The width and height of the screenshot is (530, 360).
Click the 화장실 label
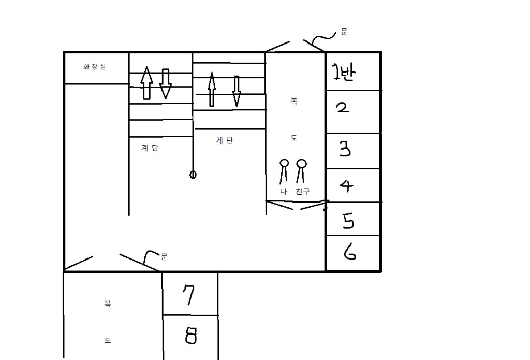tap(95, 67)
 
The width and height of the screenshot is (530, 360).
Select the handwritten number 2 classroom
tap(342, 109)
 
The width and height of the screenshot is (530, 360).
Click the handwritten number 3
tap(345, 150)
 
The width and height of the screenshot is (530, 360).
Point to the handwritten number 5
tap(348, 221)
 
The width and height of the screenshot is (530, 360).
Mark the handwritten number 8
tap(190, 337)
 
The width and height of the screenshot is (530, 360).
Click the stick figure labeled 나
tap(284, 171)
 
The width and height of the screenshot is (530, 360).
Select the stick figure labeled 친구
tap(301, 171)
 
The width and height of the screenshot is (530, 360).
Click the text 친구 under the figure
tap(302, 192)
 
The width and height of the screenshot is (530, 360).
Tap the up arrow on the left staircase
tap(147, 83)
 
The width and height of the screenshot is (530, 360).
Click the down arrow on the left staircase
tap(165, 83)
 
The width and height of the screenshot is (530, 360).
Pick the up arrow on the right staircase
tap(211, 89)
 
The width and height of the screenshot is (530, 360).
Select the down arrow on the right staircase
tap(237, 91)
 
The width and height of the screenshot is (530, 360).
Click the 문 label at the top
tap(344, 32)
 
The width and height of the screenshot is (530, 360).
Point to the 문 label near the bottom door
tap(164, 256)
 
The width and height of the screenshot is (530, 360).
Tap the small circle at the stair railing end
tap(193, 175)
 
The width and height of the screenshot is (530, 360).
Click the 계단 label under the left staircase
tap(150, 148)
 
